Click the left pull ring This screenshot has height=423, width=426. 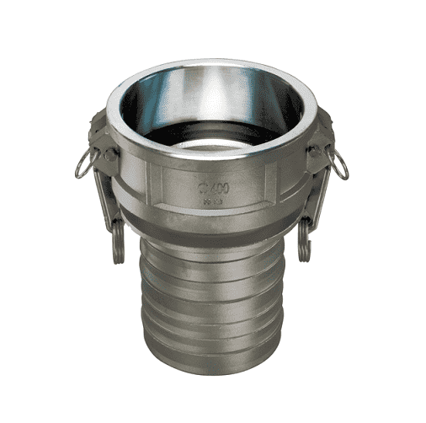pyautogui.click(x=82, y=165)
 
